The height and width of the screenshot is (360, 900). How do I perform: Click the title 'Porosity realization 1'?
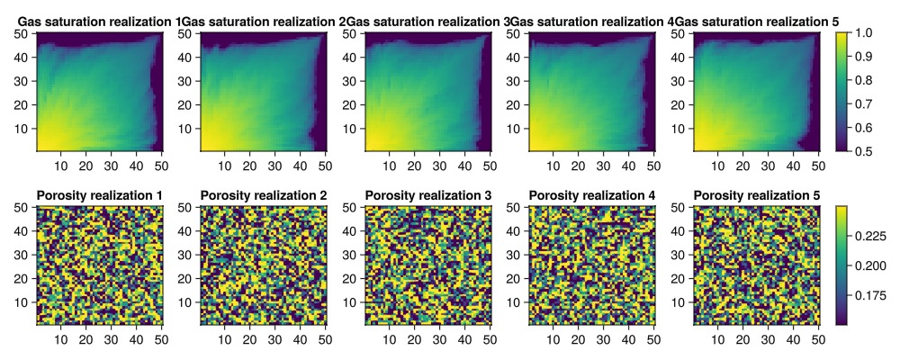[99, 196]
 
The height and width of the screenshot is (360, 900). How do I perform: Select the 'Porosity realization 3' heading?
[428, 196]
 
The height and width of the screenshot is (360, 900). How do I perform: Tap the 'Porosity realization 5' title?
[757, 196]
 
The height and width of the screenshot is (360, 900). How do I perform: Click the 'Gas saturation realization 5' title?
[757, 22]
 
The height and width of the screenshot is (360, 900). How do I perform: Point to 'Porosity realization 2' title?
[264, 196]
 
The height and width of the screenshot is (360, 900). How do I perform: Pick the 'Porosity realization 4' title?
[592, 196]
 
